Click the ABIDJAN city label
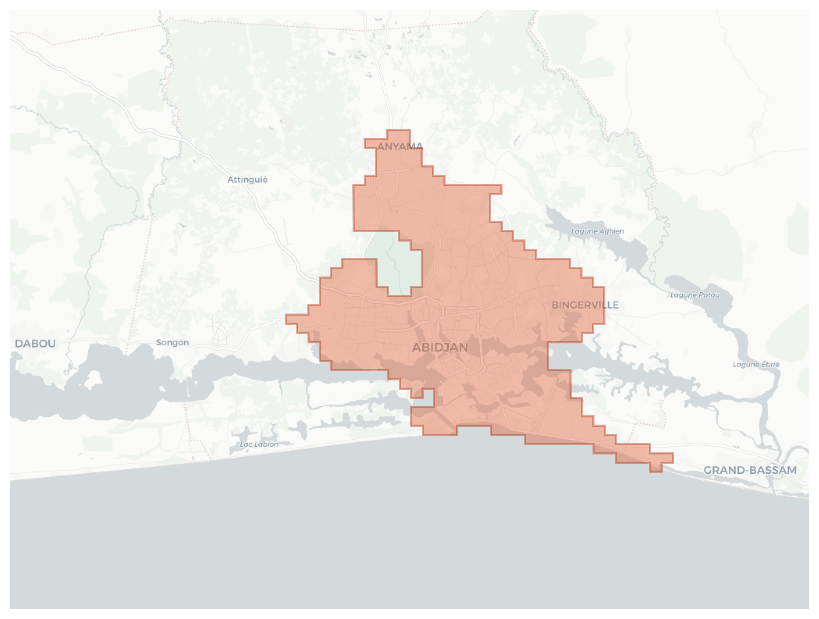click(x=440, y=347)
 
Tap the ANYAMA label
click(x=400, y=147)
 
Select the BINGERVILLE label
click(x=585, y=305)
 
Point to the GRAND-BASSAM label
click(x=750, y=470)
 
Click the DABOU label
click(x=35, y=344)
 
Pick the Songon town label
click(x=172, y=342)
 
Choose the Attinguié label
click(x=247, y=180)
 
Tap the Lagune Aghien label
click(x=597, y=231)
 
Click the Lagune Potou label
click(x=695, y=295)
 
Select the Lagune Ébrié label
click(x=756, y=364)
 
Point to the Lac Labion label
click(x=259, y=444)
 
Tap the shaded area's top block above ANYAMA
click(x=399, y=134)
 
